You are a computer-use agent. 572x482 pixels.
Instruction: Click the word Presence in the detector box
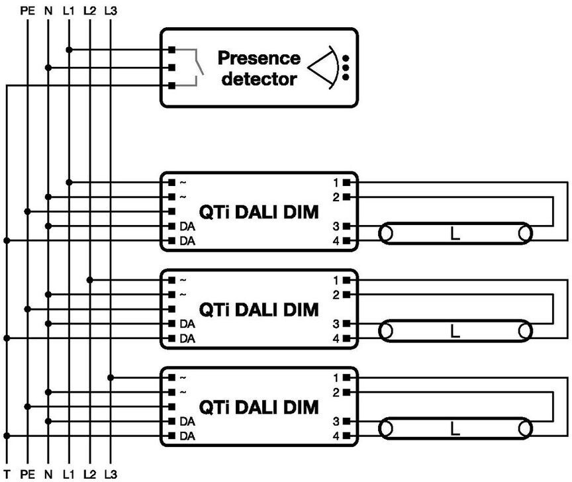point(259,58)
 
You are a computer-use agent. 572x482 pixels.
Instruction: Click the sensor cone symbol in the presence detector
point(324,68)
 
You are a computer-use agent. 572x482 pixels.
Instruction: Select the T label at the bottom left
point(7,474)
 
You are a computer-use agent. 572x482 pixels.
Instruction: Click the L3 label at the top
point(111,11)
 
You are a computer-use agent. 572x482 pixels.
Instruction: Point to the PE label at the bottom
point(28,474)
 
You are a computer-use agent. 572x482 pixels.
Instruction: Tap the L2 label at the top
point(90,11)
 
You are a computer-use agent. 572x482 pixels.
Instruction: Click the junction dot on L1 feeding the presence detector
point(69,50)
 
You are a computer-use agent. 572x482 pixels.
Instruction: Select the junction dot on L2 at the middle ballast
point(90,280)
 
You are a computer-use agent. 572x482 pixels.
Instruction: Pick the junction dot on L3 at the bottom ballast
point(111,377)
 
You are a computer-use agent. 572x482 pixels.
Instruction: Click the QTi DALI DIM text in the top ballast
point(259,212)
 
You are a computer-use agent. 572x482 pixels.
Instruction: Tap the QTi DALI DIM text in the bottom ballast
point(259,407)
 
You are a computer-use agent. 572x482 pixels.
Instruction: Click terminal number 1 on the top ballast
point(336,183)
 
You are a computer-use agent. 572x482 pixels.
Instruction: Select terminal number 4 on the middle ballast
point(336,338)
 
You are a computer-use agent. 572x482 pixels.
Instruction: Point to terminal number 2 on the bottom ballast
point(336,393)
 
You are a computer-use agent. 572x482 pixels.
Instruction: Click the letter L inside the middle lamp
point(455,331)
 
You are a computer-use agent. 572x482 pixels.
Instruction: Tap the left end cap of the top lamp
point(386,234)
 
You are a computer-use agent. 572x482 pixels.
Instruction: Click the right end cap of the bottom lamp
point(525,429)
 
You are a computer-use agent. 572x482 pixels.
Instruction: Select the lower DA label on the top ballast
point(187,241)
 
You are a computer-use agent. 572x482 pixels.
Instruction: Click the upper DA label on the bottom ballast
point(187,422)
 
